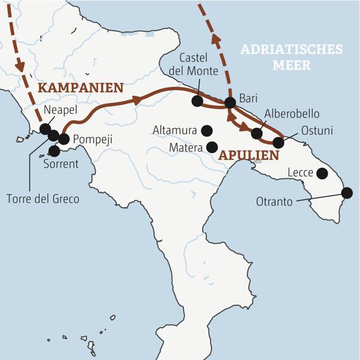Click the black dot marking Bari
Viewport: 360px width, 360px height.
229,103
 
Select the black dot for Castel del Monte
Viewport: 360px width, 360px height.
197,101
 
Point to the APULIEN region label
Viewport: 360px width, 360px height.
249,155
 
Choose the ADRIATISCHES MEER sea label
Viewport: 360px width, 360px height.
291,57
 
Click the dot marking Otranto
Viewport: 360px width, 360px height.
347,193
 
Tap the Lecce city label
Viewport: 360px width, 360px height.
299,173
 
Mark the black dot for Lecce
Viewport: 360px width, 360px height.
322,173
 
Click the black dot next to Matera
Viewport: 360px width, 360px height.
211,146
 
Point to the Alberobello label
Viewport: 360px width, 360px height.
292,114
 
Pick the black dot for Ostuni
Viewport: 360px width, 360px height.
278,143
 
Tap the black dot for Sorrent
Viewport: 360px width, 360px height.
54,151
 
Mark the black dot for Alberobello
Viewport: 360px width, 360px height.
257,133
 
